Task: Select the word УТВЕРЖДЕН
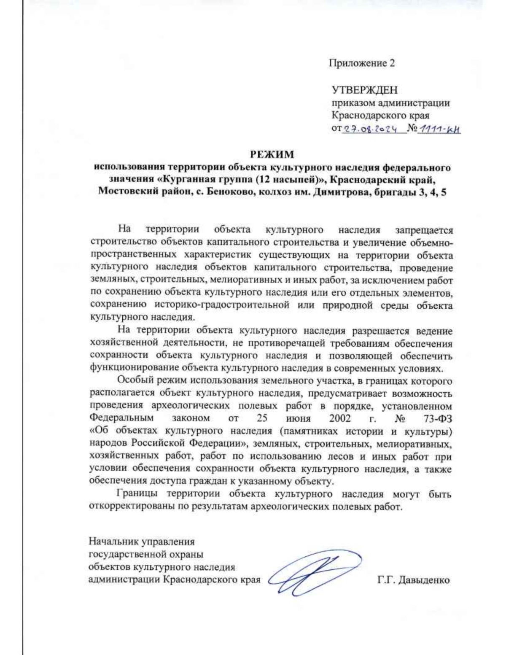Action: [364, 90]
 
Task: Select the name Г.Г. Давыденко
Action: [414, 580]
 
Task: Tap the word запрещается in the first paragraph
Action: [424, 230]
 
